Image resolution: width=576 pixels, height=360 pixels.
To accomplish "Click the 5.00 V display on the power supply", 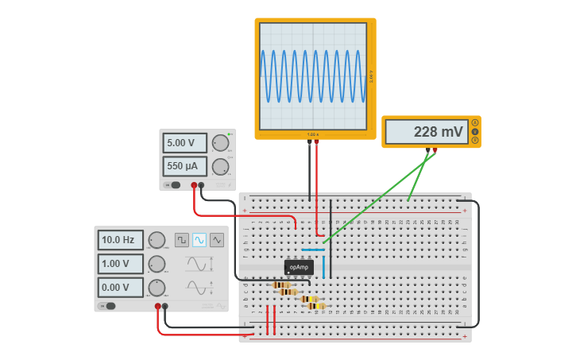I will coord(184,143).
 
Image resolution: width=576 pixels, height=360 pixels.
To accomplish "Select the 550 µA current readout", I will coord(184,166).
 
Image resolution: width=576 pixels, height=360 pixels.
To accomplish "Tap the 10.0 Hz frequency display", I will coord(120,239).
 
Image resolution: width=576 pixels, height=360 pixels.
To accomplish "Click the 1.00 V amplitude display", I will coord(120,264).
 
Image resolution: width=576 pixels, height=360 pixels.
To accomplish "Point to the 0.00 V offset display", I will coord(120,287).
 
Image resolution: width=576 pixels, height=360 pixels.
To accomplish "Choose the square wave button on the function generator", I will coord(182,239).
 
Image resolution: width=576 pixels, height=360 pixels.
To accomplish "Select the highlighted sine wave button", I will coord(199,239).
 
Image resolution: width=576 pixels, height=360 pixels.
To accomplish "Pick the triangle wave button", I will coord(217,239).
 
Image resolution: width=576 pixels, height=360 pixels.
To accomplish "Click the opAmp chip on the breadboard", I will coord(299,267).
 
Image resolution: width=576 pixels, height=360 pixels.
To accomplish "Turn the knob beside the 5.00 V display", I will coord(220,143).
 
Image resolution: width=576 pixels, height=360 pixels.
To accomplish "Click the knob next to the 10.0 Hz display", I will coord(157,239).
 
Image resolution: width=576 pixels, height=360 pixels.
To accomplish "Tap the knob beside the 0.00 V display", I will coord(157,287).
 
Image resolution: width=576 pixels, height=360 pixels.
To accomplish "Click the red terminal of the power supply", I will coord(194,185).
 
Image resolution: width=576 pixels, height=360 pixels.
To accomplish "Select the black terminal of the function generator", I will coord(165,306).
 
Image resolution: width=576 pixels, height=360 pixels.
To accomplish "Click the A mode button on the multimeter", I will coord(475,122).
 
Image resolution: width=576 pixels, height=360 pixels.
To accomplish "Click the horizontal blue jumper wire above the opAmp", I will coord(313,250).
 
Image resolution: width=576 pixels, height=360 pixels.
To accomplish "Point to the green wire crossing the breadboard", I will coord(373,199).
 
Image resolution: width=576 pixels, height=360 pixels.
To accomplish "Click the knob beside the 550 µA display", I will coord(220,166).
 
